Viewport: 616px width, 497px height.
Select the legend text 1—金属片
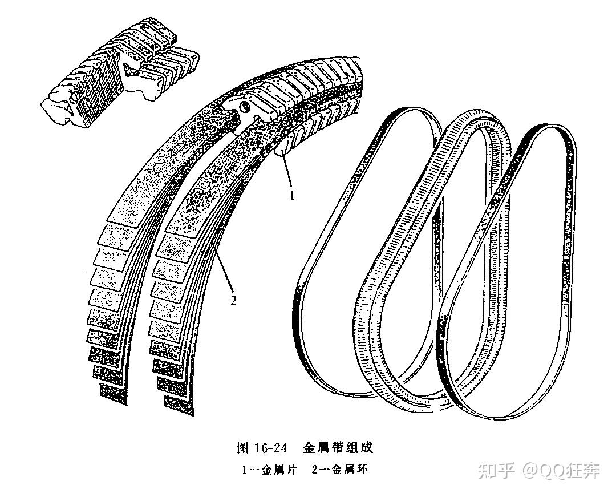click(269, 471)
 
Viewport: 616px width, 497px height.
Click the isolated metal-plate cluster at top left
click(120, 75)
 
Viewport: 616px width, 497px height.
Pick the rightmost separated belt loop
click(508, 268)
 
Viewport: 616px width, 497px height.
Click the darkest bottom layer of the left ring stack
click(114, 393)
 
